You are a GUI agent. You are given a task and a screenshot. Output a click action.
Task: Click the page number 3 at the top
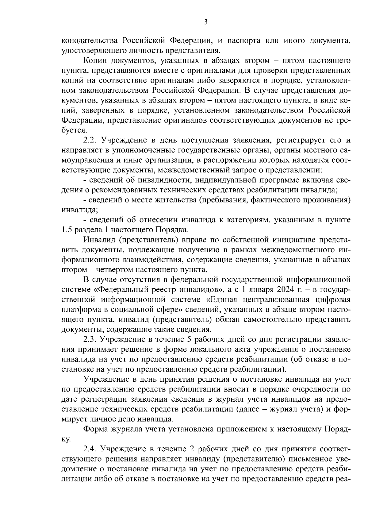(206, 22)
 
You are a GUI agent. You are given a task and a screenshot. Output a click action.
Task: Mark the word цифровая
(332, 299)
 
